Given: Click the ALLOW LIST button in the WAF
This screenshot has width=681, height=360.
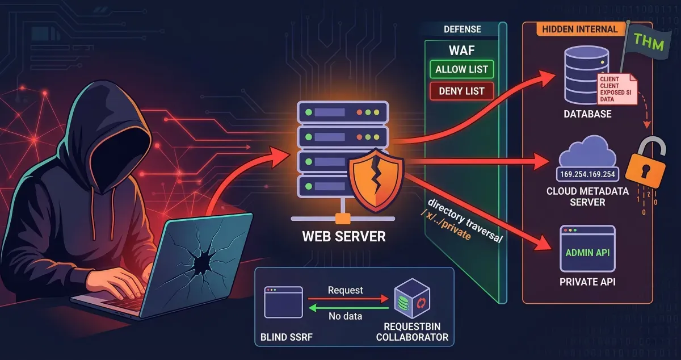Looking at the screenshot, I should coord(461,70).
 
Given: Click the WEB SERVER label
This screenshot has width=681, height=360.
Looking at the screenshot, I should coord(344,235).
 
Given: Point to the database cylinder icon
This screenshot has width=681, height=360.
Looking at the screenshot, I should coord(586,74).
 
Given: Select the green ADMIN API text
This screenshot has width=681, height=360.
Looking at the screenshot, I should coord(587,253).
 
